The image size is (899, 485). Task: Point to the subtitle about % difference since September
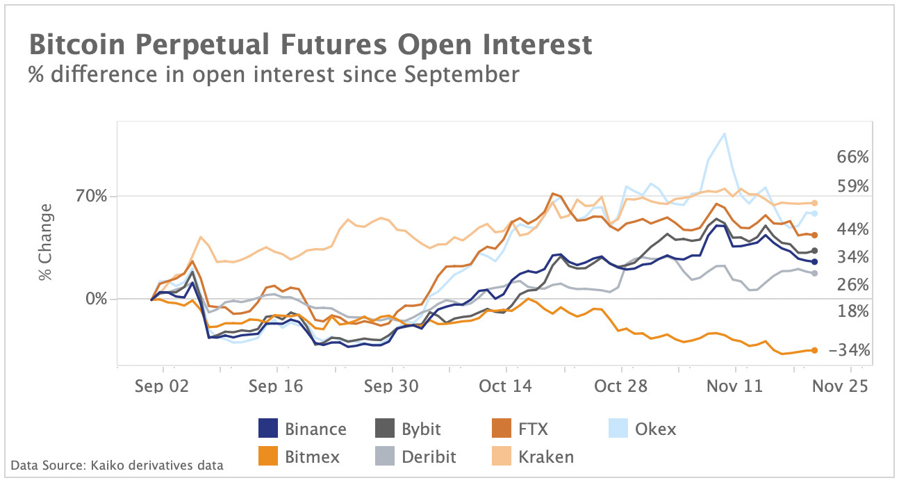273,74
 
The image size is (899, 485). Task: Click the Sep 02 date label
162,386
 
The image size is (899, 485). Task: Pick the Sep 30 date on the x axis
392,386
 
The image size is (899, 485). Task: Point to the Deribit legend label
429,457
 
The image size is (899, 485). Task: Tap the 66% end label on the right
852,157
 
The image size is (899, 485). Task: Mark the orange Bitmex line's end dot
814,350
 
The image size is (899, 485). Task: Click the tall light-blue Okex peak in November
725,134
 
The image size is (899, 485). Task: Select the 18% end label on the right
852,311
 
